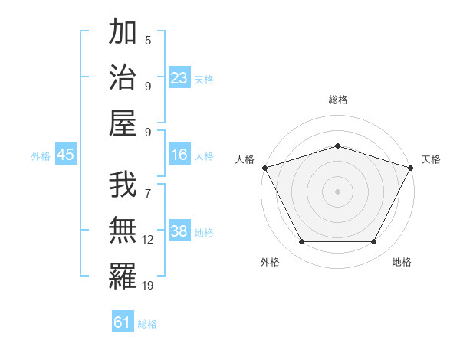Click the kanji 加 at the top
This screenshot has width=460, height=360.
[123, 34]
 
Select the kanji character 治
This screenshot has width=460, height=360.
[123, 78]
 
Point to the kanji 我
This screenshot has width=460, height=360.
[123, 185]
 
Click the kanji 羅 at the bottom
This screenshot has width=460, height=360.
[123, 277]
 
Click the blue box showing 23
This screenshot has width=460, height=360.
[179, 77]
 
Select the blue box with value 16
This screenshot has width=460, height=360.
[179, 155]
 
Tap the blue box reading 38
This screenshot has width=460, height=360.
[179, 232]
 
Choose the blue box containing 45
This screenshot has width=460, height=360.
[66, 155]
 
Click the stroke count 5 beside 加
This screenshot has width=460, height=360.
[148, 40]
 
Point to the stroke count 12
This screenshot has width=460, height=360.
[148, 240]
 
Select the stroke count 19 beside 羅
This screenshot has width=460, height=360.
[148, 286]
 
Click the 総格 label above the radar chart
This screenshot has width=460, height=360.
[337, 100]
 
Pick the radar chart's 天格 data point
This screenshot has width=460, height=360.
[411, 168]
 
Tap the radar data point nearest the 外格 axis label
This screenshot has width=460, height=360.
[301, 242]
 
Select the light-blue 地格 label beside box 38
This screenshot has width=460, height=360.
[205, 233]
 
